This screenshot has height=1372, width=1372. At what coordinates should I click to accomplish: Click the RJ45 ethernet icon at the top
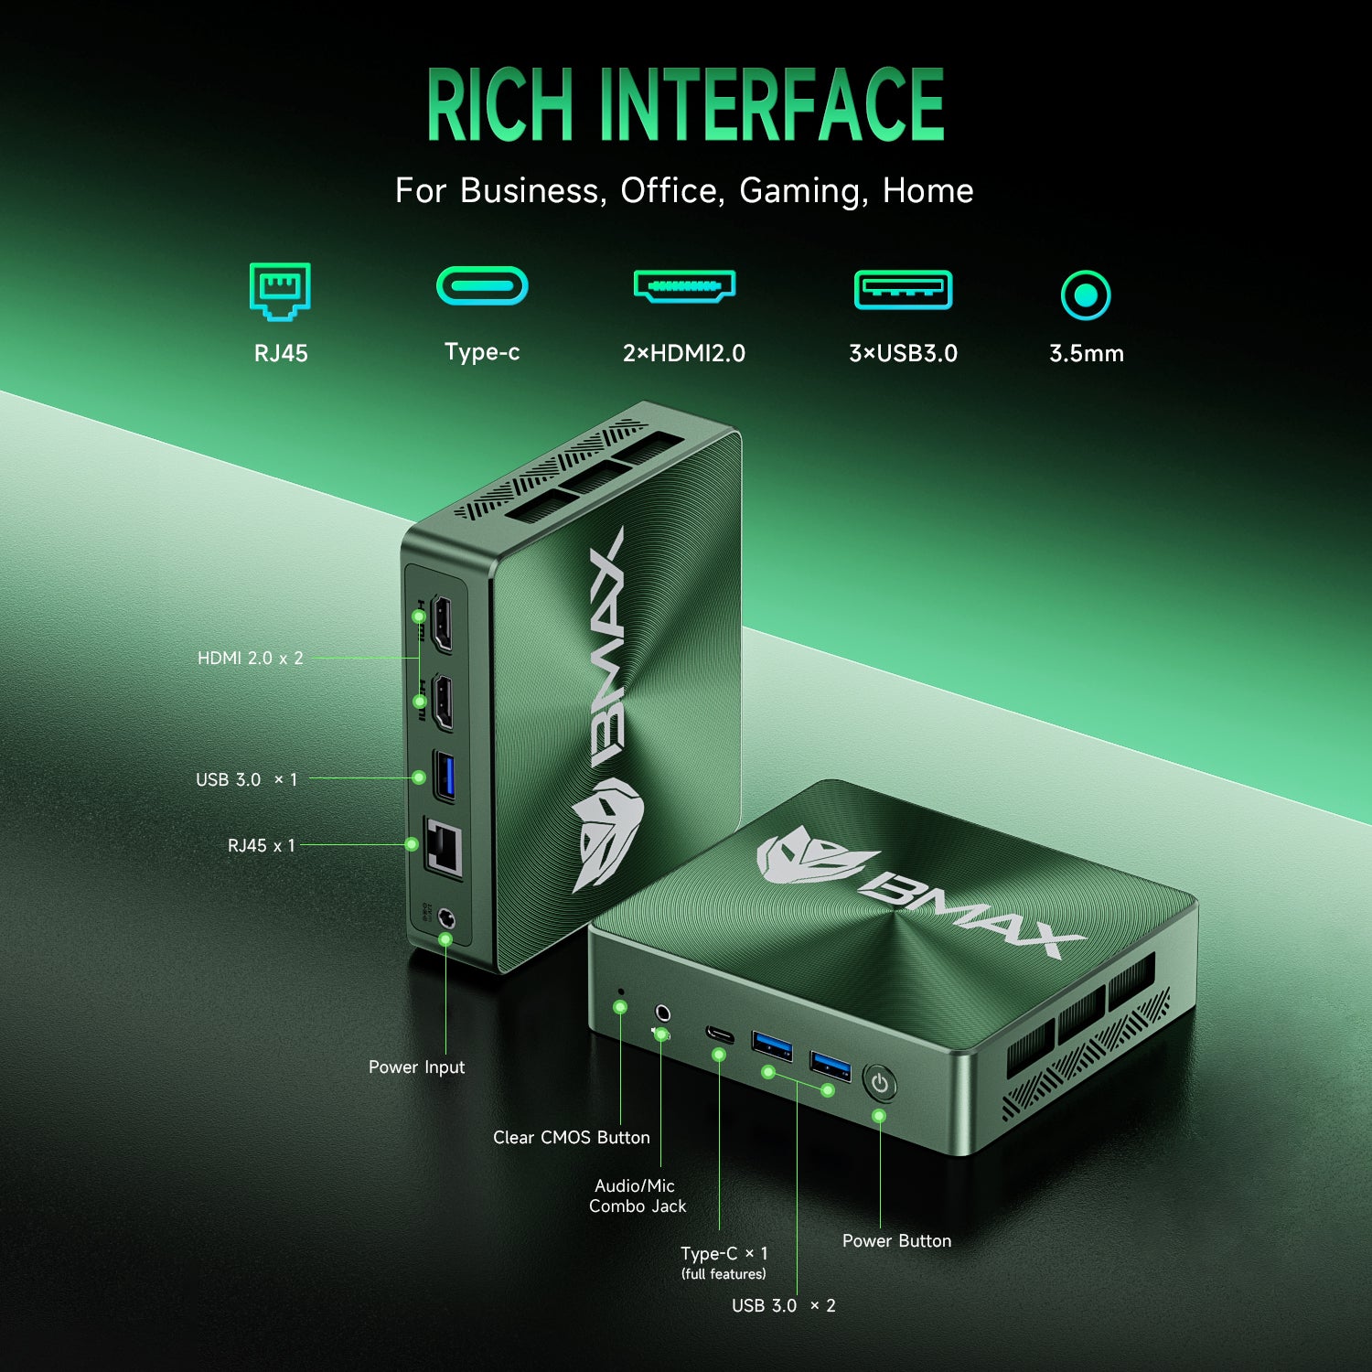(280, 291)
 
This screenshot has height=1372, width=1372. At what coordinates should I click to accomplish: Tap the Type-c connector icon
(482, 285)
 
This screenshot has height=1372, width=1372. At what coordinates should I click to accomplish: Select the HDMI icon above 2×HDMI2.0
(684, 285)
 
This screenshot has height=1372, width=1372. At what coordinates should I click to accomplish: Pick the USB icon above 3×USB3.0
(903, 290)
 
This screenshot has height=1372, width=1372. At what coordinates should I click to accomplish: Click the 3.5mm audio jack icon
(1086, 295)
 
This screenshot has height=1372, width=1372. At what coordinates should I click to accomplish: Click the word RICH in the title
(499, 105)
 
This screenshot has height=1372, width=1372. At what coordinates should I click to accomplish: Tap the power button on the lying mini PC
(880, 1084)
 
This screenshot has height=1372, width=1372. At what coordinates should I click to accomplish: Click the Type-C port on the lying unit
(720, 1034)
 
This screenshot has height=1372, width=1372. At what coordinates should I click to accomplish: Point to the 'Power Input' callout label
(416, 1067)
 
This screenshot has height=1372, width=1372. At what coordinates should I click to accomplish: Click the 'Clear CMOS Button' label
(572, 1137)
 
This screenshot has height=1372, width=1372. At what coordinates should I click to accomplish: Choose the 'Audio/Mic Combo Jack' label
(638, 1195)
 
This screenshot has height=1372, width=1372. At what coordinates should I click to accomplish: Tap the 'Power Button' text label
(896, 1240)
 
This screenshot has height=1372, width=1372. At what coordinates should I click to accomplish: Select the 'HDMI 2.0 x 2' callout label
(251, 658)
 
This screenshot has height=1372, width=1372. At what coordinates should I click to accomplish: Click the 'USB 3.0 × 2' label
(784, 1305)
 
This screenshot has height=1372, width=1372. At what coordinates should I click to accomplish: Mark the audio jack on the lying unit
(663, 1013)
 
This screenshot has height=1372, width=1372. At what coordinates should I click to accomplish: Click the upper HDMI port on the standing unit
(443, 623)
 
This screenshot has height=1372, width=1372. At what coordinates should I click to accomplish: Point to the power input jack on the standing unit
(447, 918)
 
